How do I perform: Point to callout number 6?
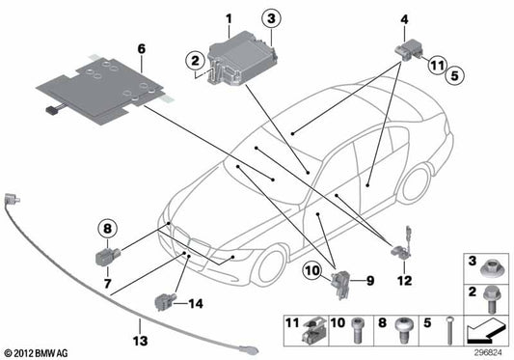141,47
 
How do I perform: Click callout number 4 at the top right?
404,18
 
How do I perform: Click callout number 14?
197,303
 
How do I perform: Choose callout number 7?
108,284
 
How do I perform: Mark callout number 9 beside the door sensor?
367,282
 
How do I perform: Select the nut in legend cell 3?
488,263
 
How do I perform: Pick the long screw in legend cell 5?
450,333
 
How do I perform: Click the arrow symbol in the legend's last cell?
488,334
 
